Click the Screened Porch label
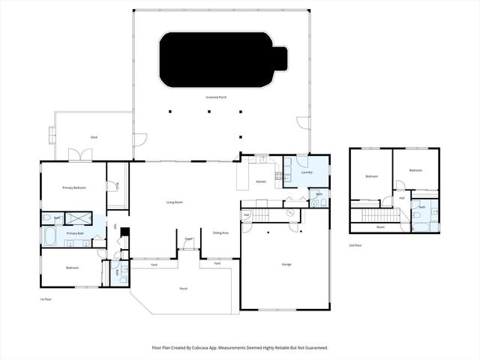(x=216, y=97)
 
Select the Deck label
(x=94, y=137)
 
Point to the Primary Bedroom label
(x=73, y=187)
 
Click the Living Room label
(x=175, y=202)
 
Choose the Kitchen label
(x=261, y=182)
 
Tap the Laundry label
(x=307, y=172)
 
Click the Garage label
(x=286, y=264)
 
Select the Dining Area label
(x=220, y=233)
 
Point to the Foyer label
(x=189, y=239)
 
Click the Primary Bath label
(x=75, y=234)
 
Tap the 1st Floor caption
(x=46, y=298)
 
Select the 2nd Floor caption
(x=355, y=245)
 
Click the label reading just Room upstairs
(x=380, y=226)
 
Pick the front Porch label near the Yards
(x=183, y=289)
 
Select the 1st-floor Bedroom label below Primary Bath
(x=72, y=268)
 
